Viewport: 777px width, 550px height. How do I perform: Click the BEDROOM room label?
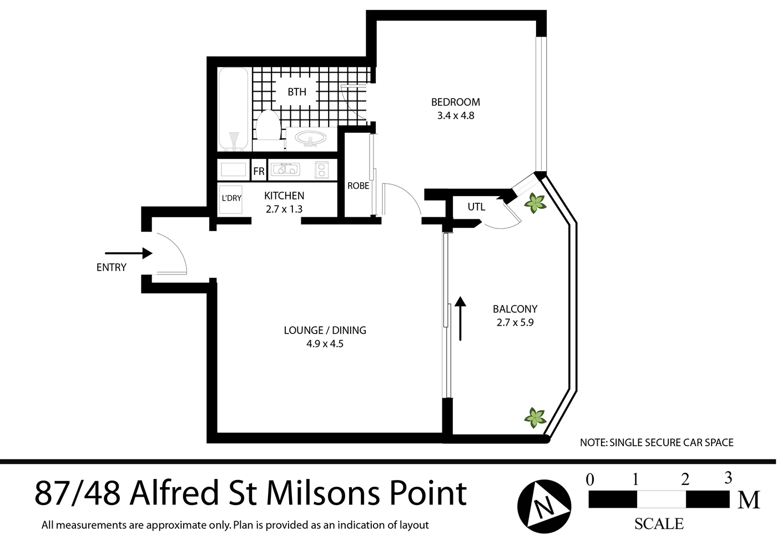pyautogui.click(x=456, y=102)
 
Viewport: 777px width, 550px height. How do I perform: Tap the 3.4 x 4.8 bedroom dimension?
pyautogui.click(x=456, y=116)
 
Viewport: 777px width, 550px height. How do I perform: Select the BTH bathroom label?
pyautogui.click(x=297, y=92)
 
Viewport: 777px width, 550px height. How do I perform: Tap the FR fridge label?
pyautogui.click(x=259, y=171)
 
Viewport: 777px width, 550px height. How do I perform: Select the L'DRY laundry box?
pyautogui.click(x=231, y=198)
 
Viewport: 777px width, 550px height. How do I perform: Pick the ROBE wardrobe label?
pyautogui.click(x=358, y=186)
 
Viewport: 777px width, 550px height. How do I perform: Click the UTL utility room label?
pyautogui.click(x=476, y=207)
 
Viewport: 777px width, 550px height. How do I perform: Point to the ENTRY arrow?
pyautogui.click(x=128, y=253)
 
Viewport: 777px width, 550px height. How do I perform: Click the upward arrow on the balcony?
pyautogui.click(x=460, y=317)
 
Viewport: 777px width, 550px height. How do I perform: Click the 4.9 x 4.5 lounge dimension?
pyautogui.click(x=325, y=344)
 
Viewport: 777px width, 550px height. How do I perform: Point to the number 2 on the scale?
pyautogui.click(x=685, y=479)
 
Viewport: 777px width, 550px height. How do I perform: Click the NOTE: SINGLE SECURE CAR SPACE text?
pyautogui.click(x=657, y=443)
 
